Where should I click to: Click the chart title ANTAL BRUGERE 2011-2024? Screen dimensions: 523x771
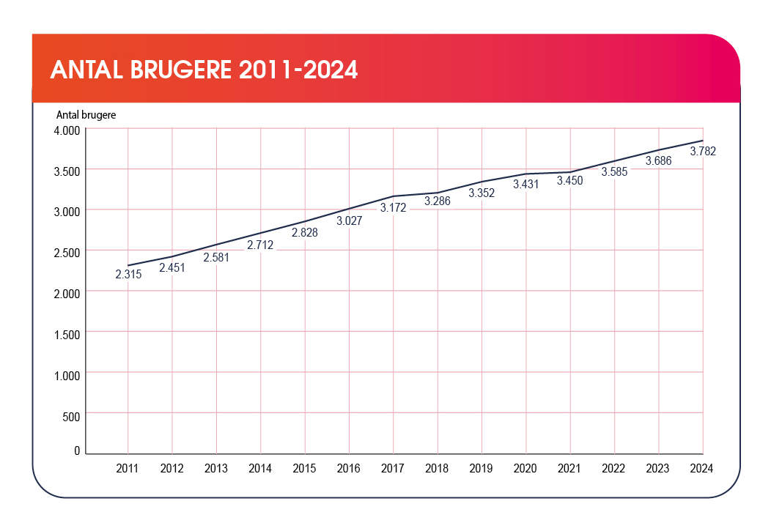204,70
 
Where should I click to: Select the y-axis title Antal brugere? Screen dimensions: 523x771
86,115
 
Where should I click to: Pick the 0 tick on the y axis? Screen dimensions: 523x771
76,451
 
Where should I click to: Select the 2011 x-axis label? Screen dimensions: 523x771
128,467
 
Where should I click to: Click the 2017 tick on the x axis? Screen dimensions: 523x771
394,467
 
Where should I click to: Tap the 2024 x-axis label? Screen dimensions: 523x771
701,467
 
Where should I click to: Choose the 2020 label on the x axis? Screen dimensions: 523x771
526,467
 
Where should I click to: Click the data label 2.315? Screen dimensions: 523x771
128,275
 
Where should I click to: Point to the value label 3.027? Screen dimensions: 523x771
349,220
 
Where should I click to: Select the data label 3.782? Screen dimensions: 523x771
703,152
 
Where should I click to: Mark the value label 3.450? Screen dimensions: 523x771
569,181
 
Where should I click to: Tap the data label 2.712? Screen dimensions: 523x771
260,245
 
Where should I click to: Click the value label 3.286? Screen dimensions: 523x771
438,201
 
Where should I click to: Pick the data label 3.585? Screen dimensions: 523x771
614,172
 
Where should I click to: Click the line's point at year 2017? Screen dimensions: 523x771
394,196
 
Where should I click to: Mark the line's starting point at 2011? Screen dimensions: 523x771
128,265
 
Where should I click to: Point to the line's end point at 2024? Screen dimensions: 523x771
703,141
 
